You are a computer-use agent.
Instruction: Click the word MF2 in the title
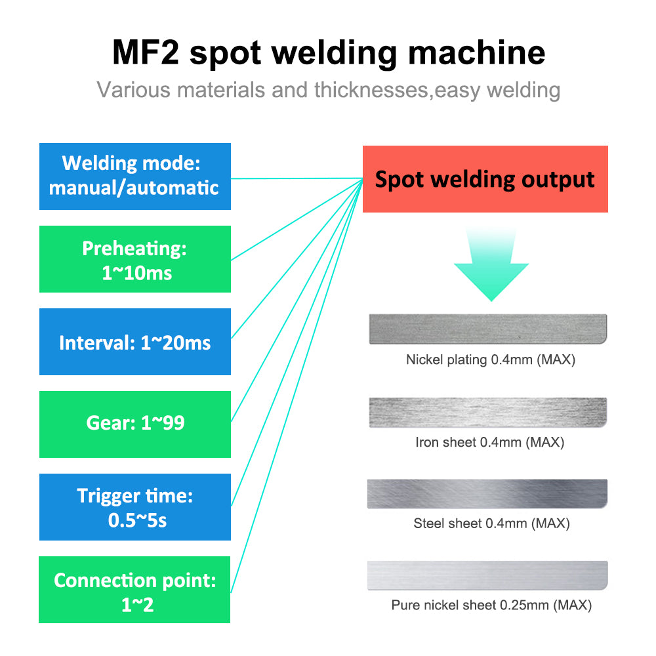(x=146, y=53)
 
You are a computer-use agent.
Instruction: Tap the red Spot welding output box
(x=485, y=179)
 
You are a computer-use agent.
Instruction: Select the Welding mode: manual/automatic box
(x=134, y=176)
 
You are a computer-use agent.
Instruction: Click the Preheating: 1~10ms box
(x=134, y=259)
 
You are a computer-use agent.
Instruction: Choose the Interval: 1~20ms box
(x=134, y=342)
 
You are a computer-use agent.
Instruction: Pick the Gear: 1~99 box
(x=134, y=424)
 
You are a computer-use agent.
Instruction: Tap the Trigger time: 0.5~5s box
(x=134, y=506)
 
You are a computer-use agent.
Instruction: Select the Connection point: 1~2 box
(x=134, y=589)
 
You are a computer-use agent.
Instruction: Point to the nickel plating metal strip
(x=487, y=329)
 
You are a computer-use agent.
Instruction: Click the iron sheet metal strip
(x=487, y=412)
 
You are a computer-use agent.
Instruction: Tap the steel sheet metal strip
(x=487, y=493)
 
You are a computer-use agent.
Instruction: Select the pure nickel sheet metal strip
(x=487, y=575)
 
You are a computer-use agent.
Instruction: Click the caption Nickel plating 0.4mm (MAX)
(x=491, y=359)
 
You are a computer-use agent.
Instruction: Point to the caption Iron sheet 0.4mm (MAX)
(x=490, y=442)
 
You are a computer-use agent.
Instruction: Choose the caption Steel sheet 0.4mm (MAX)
(x=491, y=523)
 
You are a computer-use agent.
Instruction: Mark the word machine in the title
(x=477, y=53)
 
